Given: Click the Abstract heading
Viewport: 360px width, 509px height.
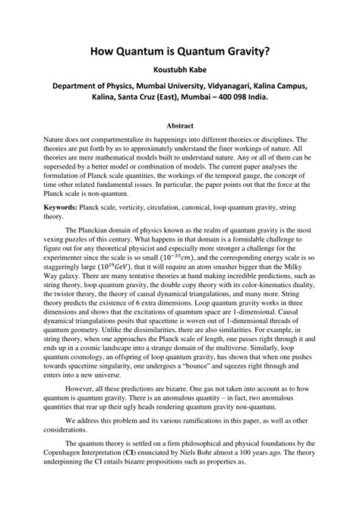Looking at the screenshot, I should click(179, 125).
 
